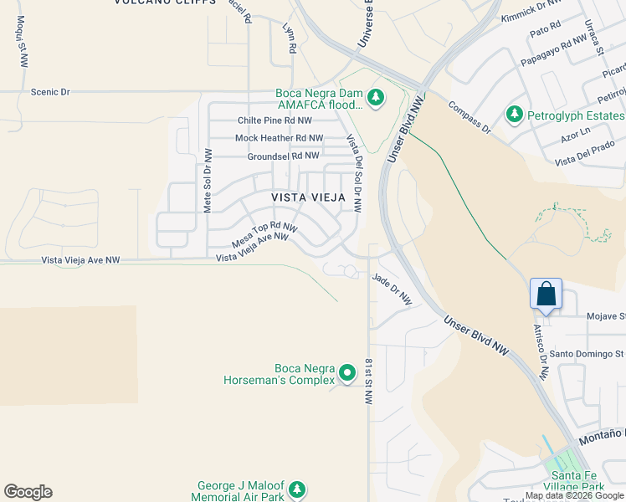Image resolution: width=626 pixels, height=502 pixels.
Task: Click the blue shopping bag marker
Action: pos(546,295)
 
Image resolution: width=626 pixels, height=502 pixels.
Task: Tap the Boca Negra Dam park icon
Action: pos(377,98)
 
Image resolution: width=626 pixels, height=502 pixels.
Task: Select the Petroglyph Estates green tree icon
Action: pos(514,114)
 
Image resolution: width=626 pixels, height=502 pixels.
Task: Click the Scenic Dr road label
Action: pos(50,92)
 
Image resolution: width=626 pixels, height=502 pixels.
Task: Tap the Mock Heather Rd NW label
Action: pos(279,138)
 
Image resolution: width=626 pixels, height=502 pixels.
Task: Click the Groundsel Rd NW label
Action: pos(283,156)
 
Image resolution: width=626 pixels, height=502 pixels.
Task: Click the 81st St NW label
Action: pos(368,382)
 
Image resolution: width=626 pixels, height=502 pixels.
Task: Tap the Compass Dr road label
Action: pos(469,118)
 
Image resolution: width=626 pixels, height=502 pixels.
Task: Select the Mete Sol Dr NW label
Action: pos(208,181)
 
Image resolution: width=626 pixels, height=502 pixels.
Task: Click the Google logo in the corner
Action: pos(28,492)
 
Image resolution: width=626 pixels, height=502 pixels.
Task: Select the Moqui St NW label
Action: pos(22,41)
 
